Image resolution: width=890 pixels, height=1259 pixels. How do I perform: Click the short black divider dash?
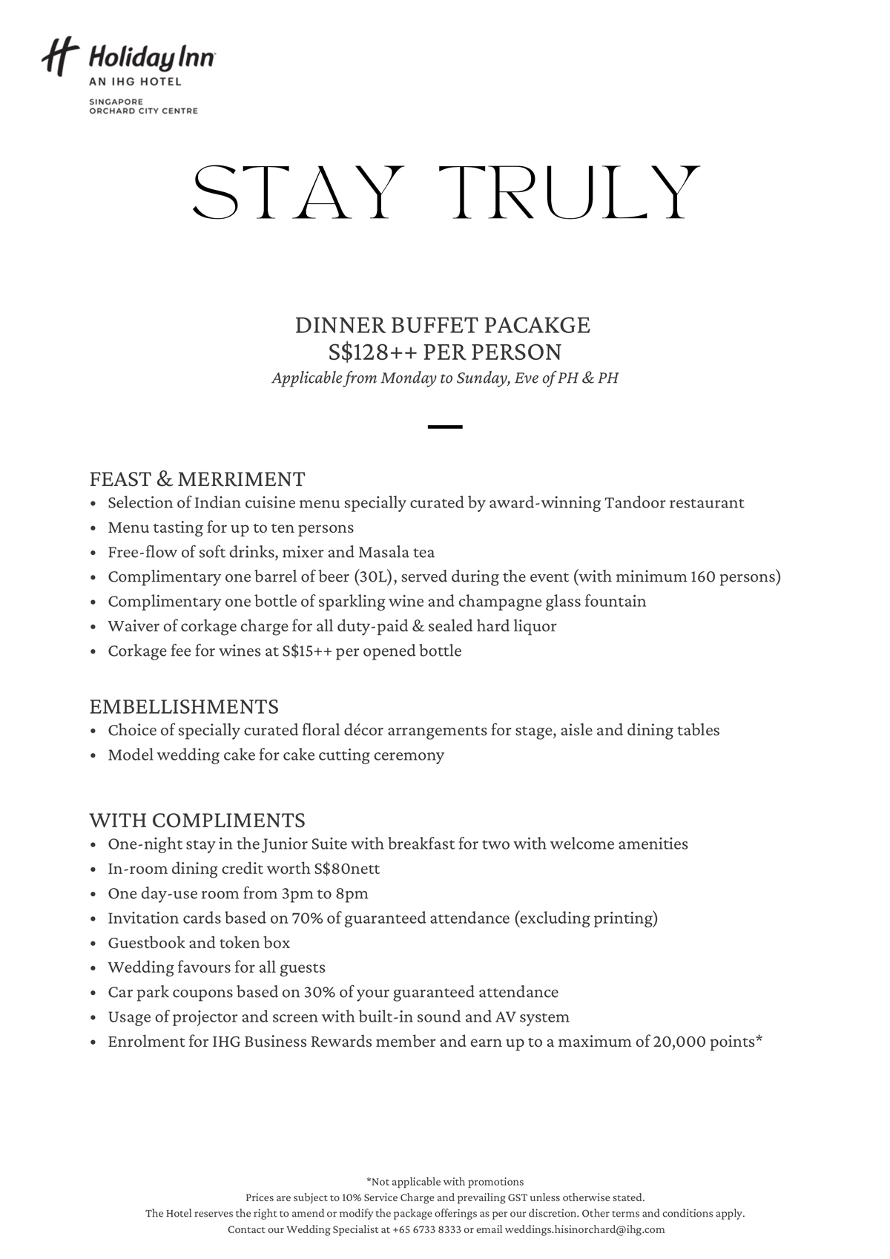point(445,427)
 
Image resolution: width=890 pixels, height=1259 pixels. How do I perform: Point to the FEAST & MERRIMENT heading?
point(197,479)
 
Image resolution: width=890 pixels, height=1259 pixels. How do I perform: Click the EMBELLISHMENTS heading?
point(184,706)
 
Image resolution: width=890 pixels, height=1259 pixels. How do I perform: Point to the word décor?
point(363,730)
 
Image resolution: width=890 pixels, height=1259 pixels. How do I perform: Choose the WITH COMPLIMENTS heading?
point(197,820)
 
